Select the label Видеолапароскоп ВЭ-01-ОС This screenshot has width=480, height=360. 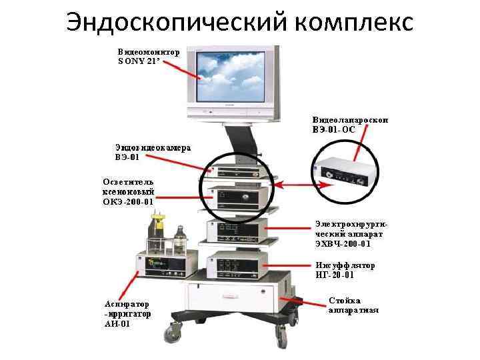tap(349, 124)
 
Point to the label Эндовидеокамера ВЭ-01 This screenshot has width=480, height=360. tap(152, 153)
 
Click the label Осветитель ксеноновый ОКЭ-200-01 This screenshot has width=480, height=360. tap(128, 191)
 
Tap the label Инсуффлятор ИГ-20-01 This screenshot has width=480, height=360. tap(344, 270)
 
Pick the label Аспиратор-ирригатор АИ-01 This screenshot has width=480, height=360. tap(127, 314)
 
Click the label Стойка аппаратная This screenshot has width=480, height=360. tap(353, 305)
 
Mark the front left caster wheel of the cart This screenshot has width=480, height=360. tap(177, 329)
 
